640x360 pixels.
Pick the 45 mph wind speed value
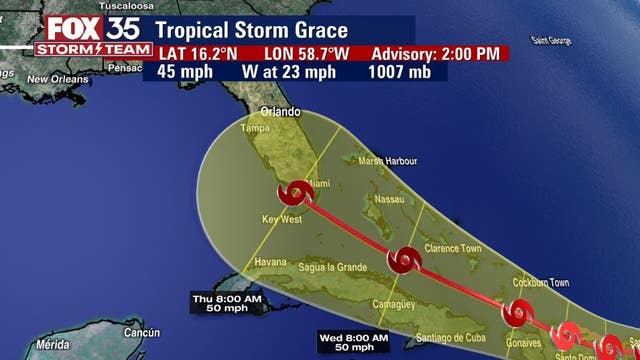[187, 71]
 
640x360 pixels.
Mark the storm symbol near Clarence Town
[404, 260]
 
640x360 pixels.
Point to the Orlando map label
[281, 112]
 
